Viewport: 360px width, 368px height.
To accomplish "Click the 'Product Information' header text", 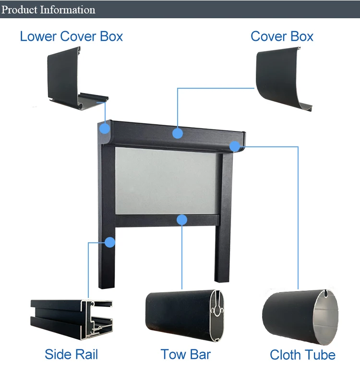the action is tap(48, 10).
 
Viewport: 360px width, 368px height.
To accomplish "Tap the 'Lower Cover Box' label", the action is tap(72, 36).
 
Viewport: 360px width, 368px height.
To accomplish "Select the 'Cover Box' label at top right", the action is tap(282, 36).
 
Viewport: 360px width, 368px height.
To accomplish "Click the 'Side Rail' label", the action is tap(71, 355).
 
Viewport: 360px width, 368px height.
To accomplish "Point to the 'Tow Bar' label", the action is tap(186, 355).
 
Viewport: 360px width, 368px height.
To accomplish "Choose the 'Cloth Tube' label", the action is tap(302, 355).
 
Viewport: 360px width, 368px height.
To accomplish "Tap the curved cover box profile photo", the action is tap(283, 79).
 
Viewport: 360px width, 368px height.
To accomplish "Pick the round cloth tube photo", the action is tap(300, 317).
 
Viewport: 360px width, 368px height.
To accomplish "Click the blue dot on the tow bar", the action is tap(181, 220).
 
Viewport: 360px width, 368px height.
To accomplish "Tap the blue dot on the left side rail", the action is tap(110, 242).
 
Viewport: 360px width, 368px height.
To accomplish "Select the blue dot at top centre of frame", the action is tap(178, 132).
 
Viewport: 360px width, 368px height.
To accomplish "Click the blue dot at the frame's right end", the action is tap(234, 146).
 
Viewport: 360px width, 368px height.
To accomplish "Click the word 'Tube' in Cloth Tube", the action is tap(320, 355).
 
